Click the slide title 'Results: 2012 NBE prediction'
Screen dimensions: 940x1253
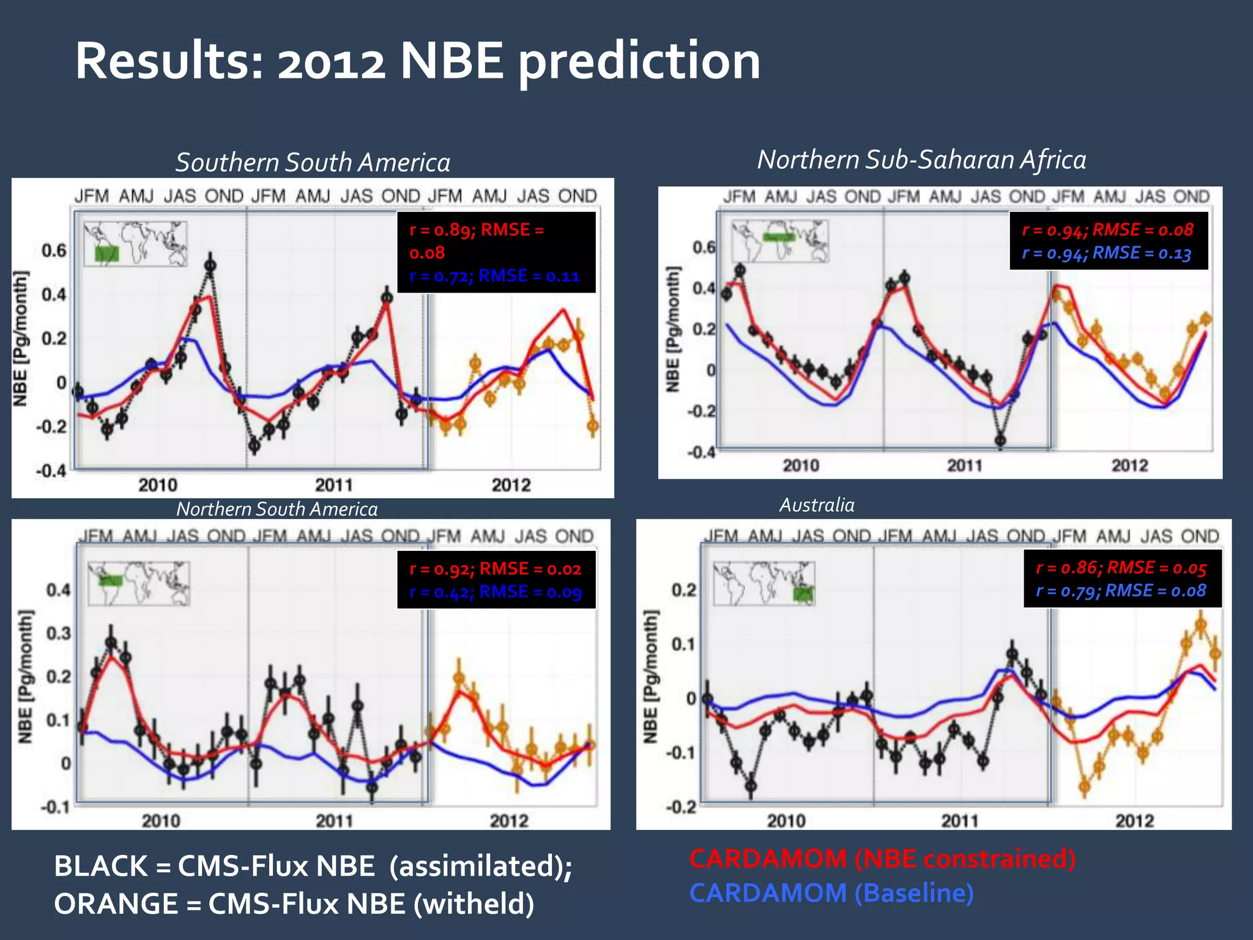click(x=417, y=61)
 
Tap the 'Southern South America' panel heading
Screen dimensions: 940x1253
click(x=313, y=163)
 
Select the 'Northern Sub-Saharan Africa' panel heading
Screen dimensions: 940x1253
click(x=921, y=160)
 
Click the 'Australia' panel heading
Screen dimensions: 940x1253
click(x=817, y=505)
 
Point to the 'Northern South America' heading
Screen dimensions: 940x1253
click(x=277, y=509)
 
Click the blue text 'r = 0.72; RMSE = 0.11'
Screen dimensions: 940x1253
click(x=494, y=276)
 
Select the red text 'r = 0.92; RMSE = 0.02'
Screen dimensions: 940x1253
click(x=495, y=569)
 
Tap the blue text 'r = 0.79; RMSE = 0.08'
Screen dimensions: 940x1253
click(x=1121, y=591)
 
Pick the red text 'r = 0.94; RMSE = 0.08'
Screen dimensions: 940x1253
click(x=1107, y=230)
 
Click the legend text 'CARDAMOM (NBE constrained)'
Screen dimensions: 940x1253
click(x=882, y=859)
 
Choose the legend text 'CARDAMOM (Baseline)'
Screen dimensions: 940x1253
click(x=831, y=893)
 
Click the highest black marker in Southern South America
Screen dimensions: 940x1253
click(x=210, y=266)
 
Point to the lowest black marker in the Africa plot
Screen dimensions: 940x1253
click(x=1000, y=440)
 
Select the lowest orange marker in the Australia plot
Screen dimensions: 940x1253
click(x=1085, y=786)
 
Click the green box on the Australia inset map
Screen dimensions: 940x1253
click(x=803, y=593)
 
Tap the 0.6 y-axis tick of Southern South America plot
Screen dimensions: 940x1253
click(x=54, y=250)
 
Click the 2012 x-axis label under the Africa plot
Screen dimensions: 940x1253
click(x=1129, y=466)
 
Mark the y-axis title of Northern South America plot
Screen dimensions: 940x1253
click(x=25, y=676)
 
